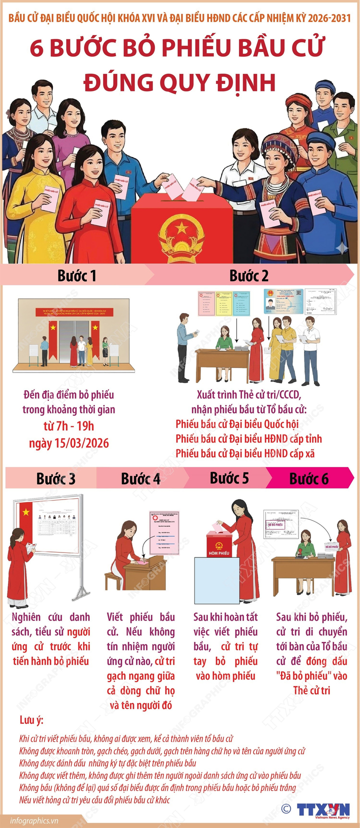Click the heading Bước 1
pos(76,275)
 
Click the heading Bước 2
pos(249,275)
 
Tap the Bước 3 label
pos(56,478)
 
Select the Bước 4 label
pos(140,478)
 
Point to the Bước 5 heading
pos(229,478)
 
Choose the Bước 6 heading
pos(309,478)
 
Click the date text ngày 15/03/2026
pos(69,443)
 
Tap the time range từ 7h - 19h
pos(69,426)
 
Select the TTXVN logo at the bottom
pos(323,810)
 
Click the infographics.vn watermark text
pos(34,820)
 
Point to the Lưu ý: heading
pos(31,720)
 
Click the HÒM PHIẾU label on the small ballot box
pos(219,553)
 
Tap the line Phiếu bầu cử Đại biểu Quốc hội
pos(237,424)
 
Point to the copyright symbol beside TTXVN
pos(286,808)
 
